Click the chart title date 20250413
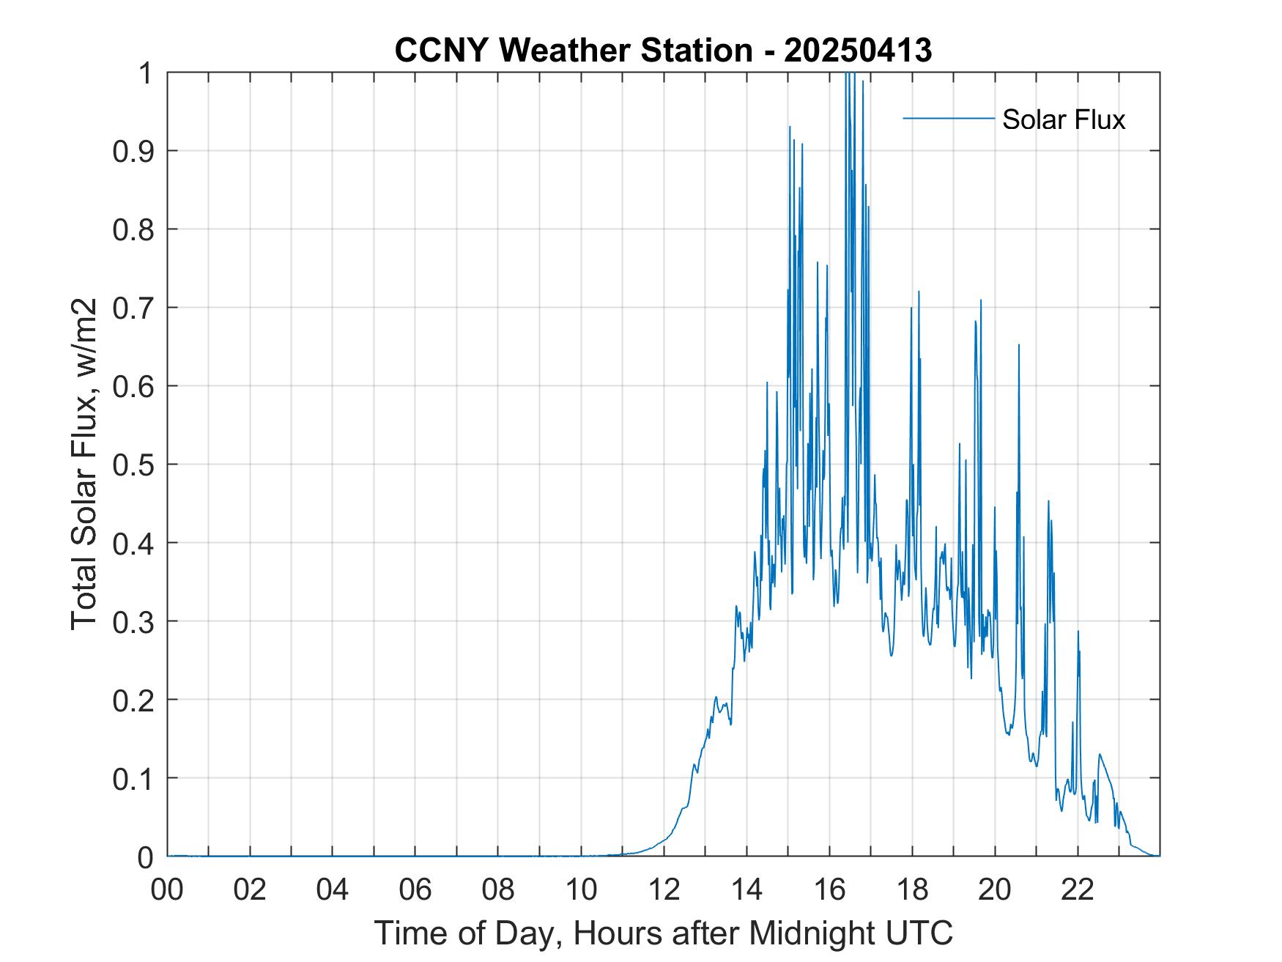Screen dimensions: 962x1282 858,51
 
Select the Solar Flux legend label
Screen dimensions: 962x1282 1063,119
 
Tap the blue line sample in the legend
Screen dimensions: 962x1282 949,118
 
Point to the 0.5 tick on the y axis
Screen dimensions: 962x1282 134,465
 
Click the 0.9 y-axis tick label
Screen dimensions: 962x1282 134,151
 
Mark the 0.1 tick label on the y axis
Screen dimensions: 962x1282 134,778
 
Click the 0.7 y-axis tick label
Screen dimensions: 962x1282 134,308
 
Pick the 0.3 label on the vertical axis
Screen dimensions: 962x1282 134,621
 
